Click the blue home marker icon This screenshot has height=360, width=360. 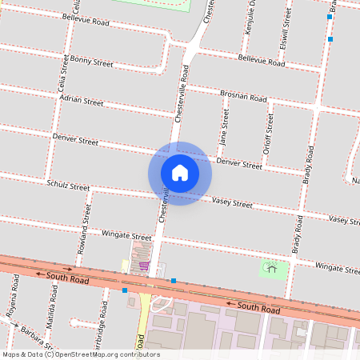click(180, 173)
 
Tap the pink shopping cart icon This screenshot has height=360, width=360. click(144, 266)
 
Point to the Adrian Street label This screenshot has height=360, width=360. click(83, 102)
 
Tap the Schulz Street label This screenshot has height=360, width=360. click(68, 186)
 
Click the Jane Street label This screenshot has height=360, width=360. click(225, 128)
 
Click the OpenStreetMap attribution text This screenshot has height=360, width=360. click(81, 354)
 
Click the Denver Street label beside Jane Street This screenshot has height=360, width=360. click(239, 164)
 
